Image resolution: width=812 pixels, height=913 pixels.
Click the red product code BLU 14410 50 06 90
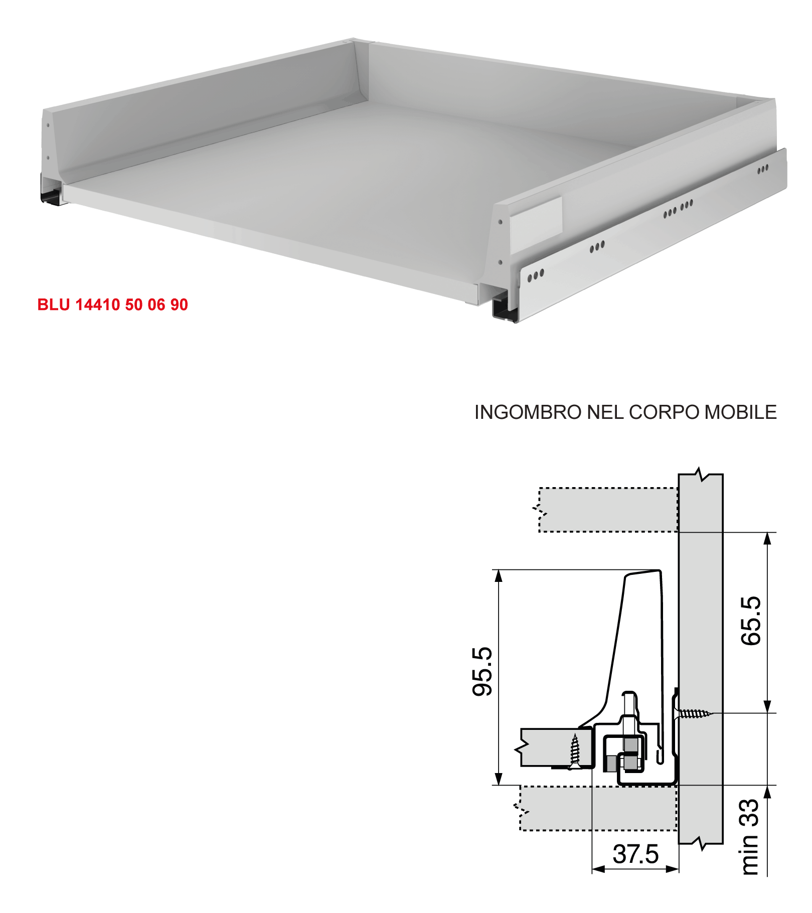click(x=112, y=305)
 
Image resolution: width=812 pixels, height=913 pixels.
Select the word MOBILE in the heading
click(x=740, y=412)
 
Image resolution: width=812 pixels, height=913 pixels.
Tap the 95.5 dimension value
click(x=482, y=671)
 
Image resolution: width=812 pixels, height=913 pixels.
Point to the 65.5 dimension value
click(x=751, y=621)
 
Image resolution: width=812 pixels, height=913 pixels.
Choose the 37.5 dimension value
click(x=635, y=854)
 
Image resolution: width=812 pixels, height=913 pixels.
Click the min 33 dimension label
click(x=749, y=837)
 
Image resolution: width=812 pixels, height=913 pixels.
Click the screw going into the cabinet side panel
click(x=694, y=713)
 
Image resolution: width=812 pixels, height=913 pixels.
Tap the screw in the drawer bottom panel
click(x=575, y=751)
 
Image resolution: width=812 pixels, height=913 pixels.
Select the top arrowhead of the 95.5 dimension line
click(x=499, y=576)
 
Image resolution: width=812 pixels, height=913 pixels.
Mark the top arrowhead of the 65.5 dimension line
click(x=767, y=538)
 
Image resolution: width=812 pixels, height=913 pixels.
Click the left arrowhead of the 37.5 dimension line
click(x=598, y=869)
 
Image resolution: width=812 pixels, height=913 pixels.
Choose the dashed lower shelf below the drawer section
click(x=597, y=808)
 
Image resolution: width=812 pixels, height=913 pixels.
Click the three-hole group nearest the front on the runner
click(x=535, y=275)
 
